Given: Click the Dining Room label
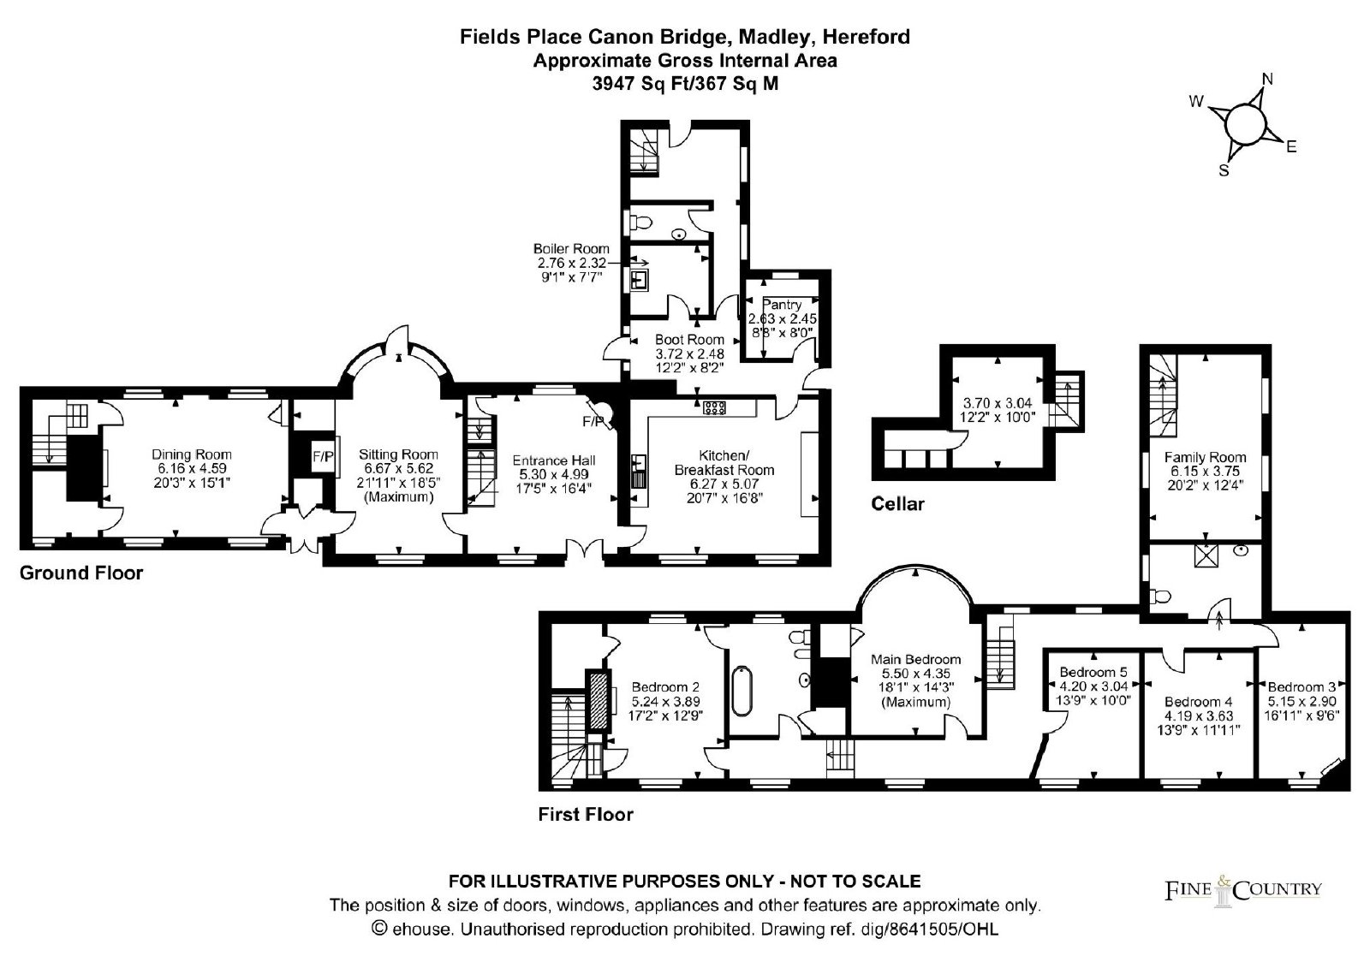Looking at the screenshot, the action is click(x=192, y=454).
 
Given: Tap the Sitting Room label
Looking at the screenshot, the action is click(x=398, y=454).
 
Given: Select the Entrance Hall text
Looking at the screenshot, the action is click(x=553, y=460).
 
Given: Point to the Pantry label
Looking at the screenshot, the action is click(x=783, y=304).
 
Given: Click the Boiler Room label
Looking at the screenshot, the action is click(x=571, y=249).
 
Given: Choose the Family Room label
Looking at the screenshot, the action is click(x=1205, y=457).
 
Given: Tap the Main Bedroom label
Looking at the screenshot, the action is click(x=915, y=659).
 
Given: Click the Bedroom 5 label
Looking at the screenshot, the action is click(x=1093, y=672).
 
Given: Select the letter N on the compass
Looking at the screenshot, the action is click(x=1267, y=80).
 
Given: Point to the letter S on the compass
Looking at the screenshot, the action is click(x=1224, y=170).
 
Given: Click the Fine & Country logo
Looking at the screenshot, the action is click(x=1242, y=890).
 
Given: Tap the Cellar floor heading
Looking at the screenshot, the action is click(x=897, y=504).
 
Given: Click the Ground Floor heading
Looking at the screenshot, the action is click(x=81, y=573).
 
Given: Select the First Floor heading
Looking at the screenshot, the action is click(x=586, y=814).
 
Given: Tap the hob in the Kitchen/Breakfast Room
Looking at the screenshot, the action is click(x=714, y=408).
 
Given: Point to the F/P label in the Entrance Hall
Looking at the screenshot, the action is click(x=593, y=421).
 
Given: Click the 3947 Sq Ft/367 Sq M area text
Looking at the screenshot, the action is click(x=686, y=84).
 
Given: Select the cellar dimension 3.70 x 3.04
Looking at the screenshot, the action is click(x=998, y=403).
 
